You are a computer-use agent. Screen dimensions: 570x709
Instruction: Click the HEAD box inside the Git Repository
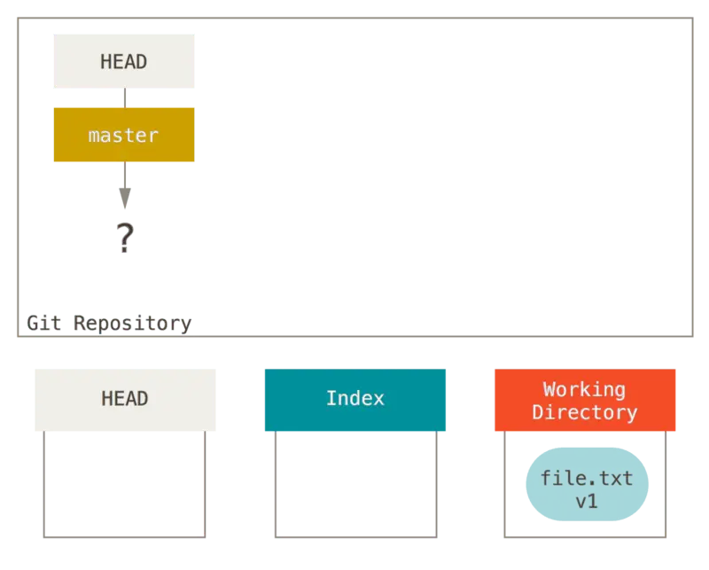click(x=124, y=61)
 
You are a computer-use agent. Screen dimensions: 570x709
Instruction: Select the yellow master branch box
click(x=123, y=135)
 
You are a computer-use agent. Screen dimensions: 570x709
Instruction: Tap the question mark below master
click(x=125, y=238)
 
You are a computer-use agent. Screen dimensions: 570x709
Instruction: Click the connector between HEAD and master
click(x=124, y=98)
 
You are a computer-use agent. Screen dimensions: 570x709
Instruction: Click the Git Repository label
click(x=109, y=323)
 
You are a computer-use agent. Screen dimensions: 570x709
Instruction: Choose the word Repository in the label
click(x=132, y=323)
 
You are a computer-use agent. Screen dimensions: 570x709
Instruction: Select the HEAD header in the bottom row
click(x=124, y=399)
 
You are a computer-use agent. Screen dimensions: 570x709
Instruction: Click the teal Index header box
click(x=354, y=399)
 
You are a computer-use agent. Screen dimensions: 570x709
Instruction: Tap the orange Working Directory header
click(x=586, y=401)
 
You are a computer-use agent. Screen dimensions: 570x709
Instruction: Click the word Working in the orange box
click(x=584, y=389)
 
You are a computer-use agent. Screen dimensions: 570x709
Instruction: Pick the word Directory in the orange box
click(x=584, y=412)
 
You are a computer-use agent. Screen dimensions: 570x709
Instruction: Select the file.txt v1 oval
click(x=586, y=484)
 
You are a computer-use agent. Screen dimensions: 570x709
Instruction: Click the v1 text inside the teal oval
click(x=586, y=501)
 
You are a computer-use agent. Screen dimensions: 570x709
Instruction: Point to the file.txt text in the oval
click(x=586, y=479)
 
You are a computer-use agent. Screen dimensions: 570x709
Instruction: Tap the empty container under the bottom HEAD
click(x=124, y=483)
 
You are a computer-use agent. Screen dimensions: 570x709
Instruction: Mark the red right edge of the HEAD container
click(x=204, y=483)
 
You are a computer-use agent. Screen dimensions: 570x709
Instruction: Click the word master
click(x=123, y=136)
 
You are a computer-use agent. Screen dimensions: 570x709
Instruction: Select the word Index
click(x=354, y=399)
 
